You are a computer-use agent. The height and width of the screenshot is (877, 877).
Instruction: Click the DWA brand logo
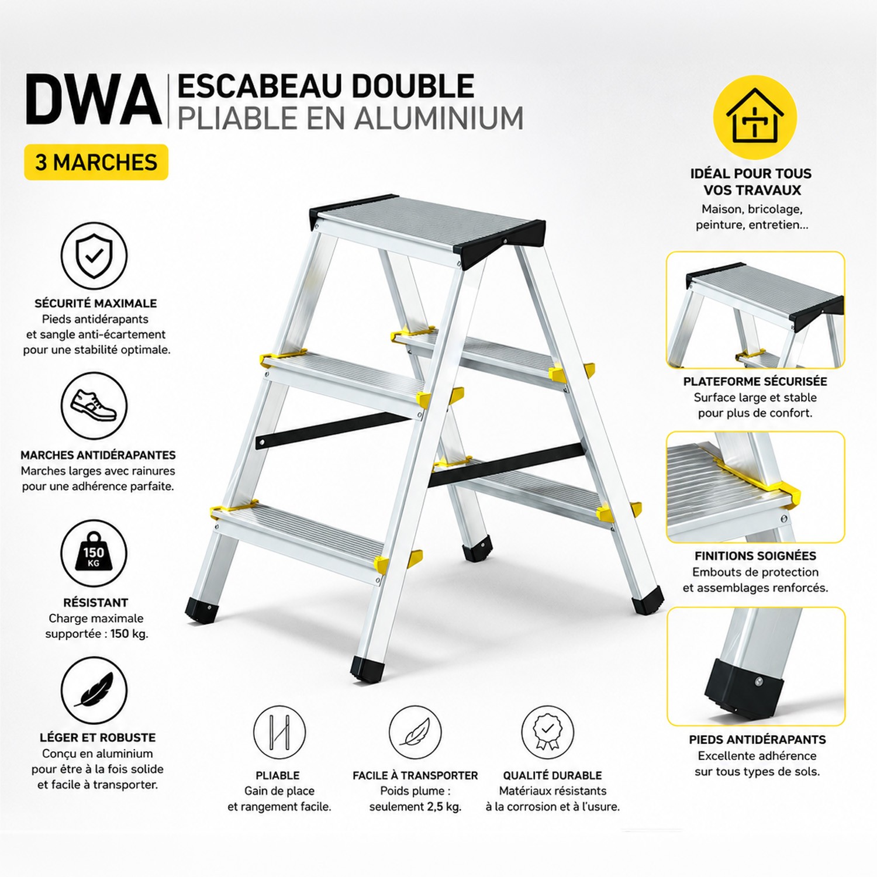point(94,100)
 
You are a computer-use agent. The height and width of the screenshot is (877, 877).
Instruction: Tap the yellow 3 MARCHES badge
point(96,162)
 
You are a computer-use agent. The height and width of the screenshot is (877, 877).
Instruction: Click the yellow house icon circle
point(755,117)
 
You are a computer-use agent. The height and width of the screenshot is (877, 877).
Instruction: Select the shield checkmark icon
point(94,255)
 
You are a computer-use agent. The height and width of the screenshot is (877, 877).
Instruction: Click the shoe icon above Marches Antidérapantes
point(94,406)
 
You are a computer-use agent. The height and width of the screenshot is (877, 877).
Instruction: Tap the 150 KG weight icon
point(94,553)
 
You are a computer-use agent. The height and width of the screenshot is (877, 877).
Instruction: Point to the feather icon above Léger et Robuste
point(94,690)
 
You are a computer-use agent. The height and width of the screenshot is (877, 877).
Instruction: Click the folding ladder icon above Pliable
point(279,732)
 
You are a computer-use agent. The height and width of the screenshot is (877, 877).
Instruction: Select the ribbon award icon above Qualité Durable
point(547,732)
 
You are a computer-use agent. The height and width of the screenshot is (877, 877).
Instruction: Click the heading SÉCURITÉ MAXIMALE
point(96,303)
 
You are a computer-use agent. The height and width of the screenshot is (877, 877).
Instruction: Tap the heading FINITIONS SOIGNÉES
point(755,556)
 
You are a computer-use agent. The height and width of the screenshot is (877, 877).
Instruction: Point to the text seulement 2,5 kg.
point(415,807)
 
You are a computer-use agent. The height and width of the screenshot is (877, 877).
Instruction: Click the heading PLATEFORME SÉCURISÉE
point(755,382)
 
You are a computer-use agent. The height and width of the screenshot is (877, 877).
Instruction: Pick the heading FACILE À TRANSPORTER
point(415,776)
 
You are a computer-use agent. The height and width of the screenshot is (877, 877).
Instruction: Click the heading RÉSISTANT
point(96,602)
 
